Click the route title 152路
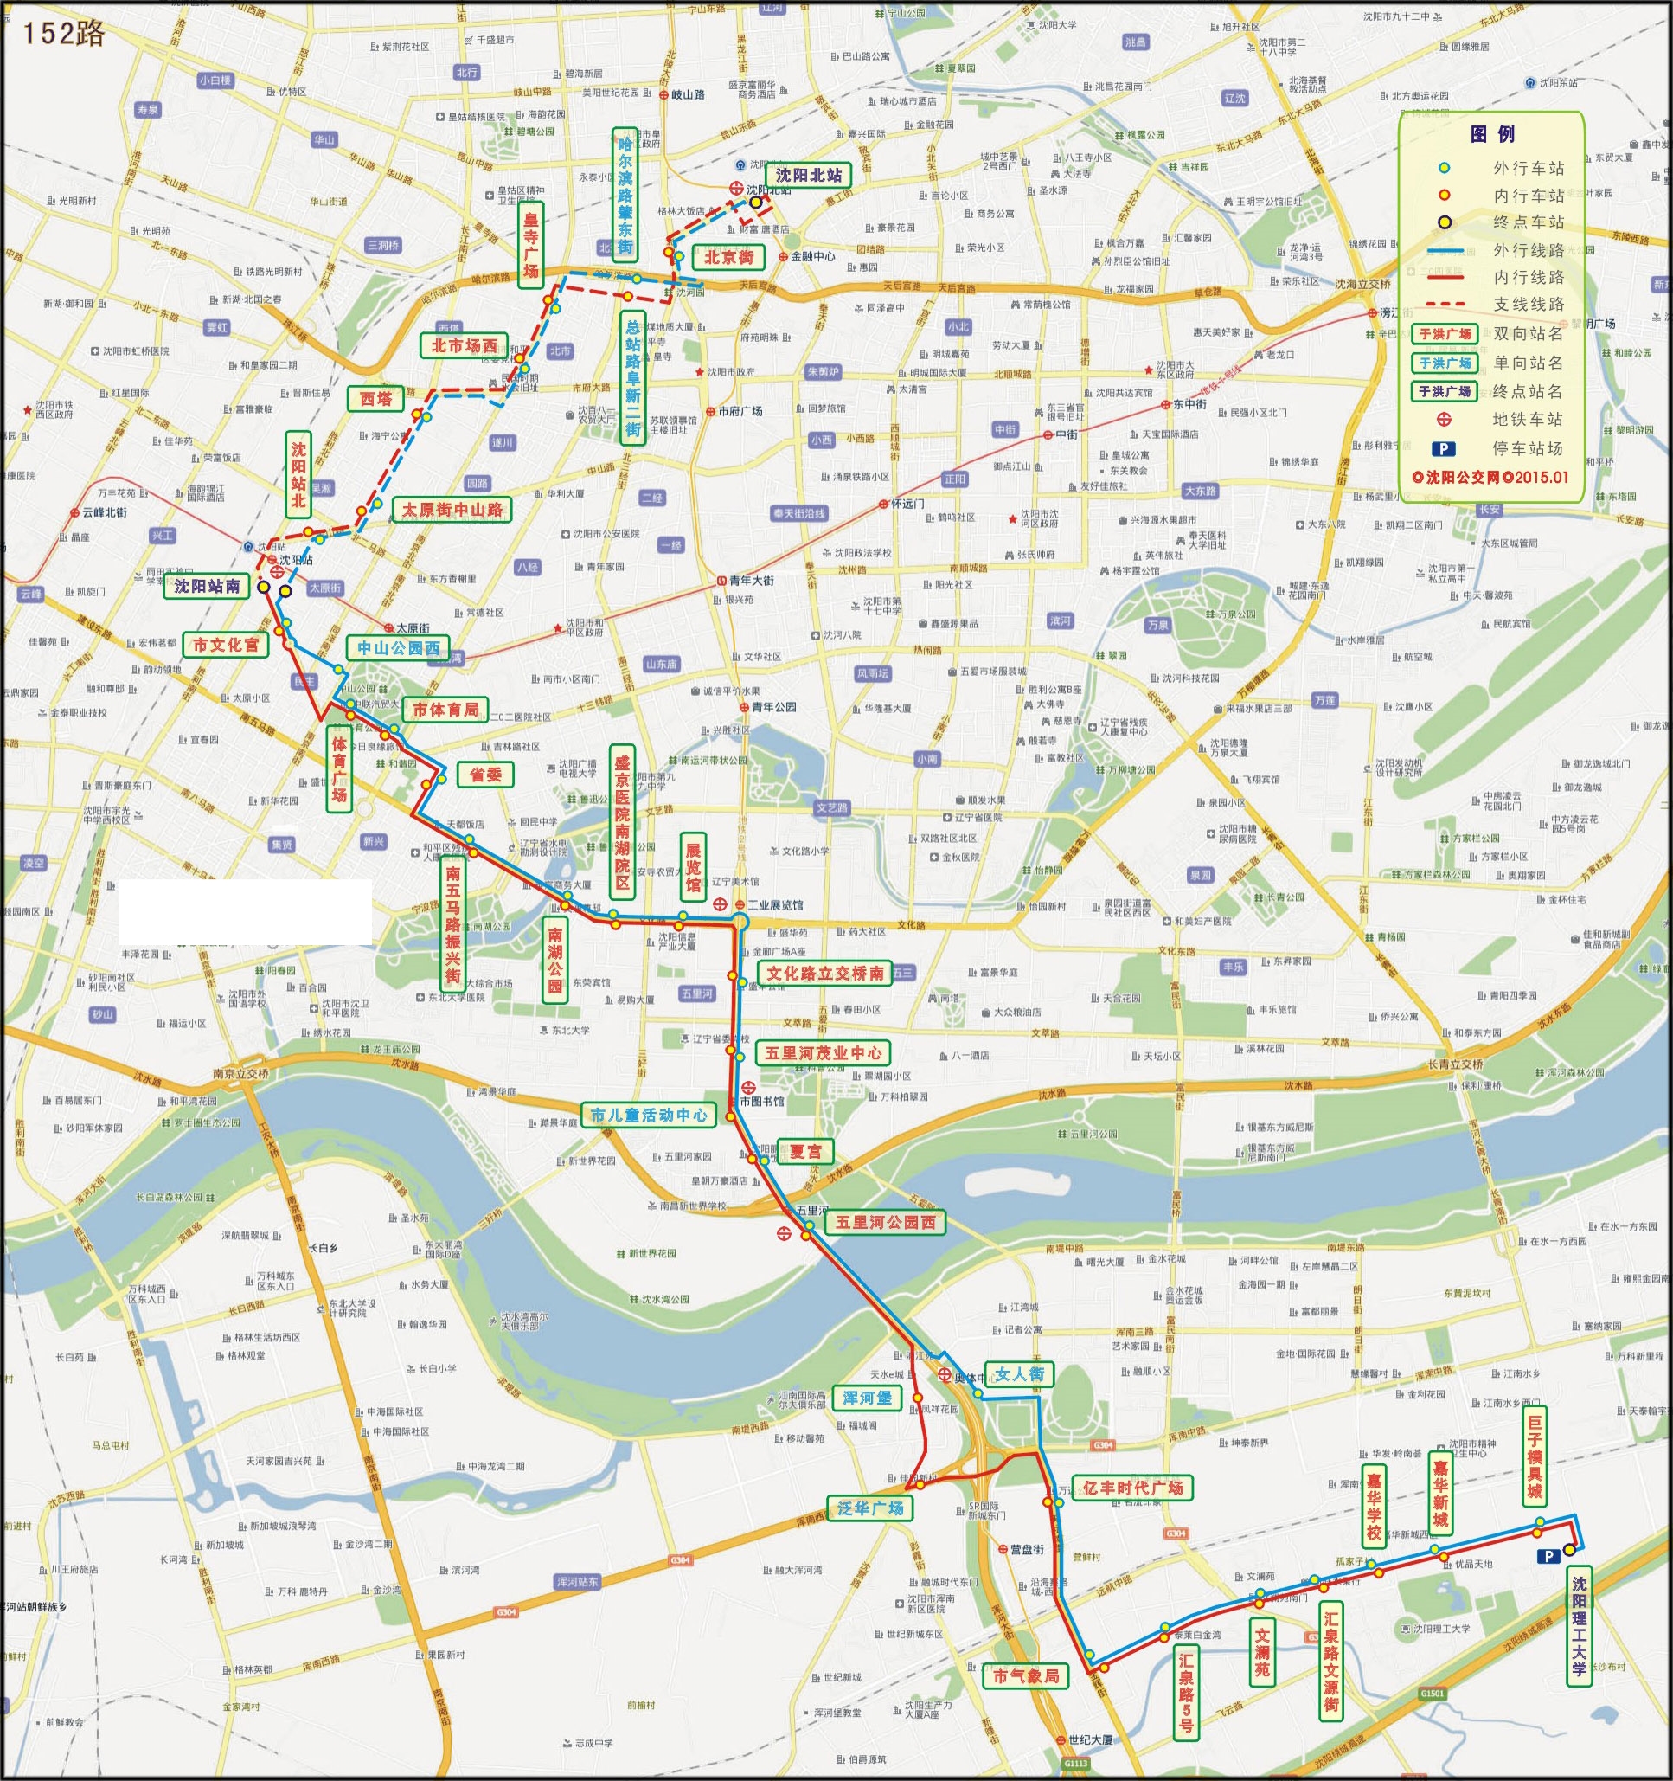point(62,33)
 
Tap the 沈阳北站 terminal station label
point(809,176)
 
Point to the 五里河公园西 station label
point(885,1222)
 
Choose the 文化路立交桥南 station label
point(825,973)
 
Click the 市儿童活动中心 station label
point(650,1115)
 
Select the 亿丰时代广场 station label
point(1132,1488)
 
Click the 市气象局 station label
point(1025,1675)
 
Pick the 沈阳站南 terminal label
point(207,587)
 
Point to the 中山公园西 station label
point(399,647)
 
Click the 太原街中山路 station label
point(452,510)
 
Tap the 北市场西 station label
point(464,346)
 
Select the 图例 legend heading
point(1492,134)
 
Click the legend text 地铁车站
point(1528,419)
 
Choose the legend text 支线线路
point(1528,305)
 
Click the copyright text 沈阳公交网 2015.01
point(1490,478)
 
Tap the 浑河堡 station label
point(867,1398)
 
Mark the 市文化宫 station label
point(226,644)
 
